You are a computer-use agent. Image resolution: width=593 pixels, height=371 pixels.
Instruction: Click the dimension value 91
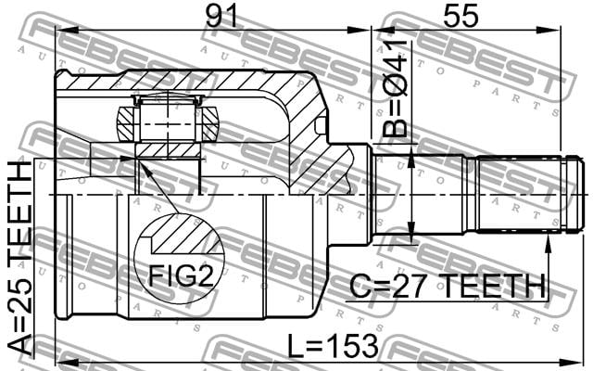[221, 16]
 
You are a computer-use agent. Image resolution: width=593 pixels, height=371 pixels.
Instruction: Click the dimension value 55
[461, 16]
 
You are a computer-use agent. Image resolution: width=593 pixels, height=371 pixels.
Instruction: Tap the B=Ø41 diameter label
[395, 88]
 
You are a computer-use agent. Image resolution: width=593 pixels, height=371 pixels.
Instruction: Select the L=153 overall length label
[333, 346]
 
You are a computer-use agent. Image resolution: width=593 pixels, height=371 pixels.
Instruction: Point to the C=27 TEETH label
[448, 287]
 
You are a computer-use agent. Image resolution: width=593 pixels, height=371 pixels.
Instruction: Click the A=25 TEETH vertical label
[20, 258]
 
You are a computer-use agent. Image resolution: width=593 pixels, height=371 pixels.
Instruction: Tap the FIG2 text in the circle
[181, 275]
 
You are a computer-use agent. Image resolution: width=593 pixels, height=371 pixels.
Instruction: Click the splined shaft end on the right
[527, 193]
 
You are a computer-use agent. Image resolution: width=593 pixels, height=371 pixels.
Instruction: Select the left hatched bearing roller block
[126, 123]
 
